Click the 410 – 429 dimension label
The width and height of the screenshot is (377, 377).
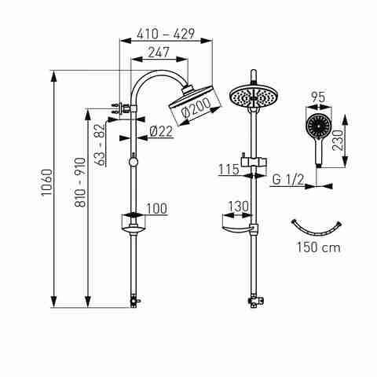[166, 34]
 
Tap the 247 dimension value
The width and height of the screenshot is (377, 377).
[159, 52]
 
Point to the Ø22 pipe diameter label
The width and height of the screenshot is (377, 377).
[161, 131]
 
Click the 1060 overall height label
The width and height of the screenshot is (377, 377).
[47, 182]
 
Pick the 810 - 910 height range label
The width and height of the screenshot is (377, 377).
[80, 182]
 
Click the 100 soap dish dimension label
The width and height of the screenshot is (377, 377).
[156, 208]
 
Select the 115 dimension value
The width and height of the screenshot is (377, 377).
[229, 170]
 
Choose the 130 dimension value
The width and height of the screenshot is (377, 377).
[239, 207]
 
